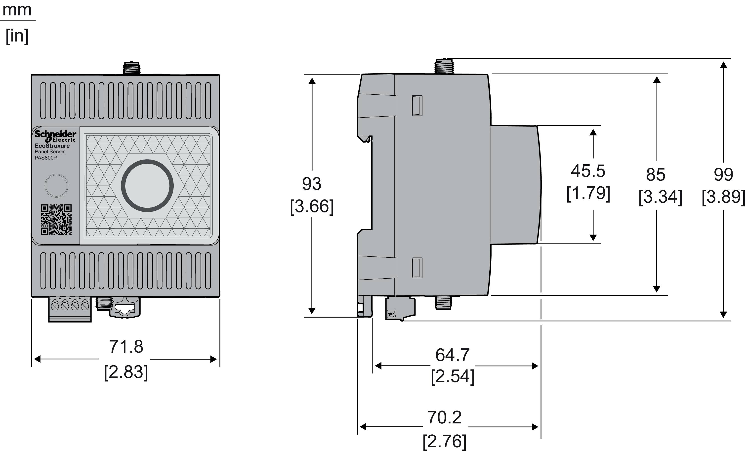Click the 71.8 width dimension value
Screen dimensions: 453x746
(126, 347)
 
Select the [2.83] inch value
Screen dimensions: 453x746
(126, 372)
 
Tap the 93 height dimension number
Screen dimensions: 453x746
(312, 184)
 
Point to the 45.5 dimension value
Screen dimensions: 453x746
(588, 171)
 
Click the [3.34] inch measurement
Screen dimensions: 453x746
(660, 197)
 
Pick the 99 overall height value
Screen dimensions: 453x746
(723, 175)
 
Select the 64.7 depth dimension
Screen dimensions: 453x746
(452, 355)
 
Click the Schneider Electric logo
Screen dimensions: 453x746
(55, 136)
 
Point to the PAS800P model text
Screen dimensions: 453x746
(46, 158)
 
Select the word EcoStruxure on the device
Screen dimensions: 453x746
(52, 146)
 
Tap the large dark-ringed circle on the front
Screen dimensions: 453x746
(147, 186)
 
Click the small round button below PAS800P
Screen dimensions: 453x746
(56, 186)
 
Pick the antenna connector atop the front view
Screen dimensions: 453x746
(131, 68)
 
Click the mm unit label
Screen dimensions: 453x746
(17, 10)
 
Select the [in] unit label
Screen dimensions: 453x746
(17, 36)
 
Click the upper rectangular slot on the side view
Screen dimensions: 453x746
(417, 105)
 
